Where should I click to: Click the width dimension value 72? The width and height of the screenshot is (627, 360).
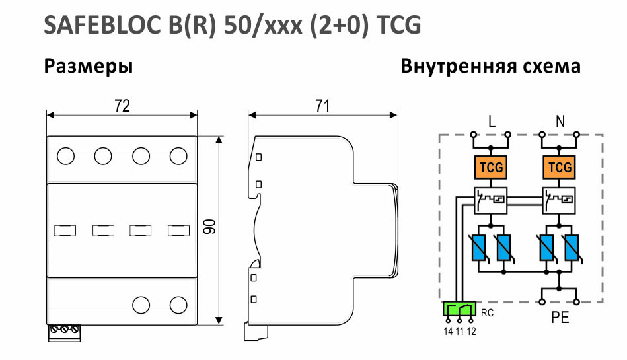(x=122, y=106)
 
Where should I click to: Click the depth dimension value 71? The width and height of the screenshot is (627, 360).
(x=322, y=106)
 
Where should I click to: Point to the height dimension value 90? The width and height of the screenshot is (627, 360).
(x=210, y=227)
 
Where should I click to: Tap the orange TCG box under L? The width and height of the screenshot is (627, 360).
(x=491, y=167)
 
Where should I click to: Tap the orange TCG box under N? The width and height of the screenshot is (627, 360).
(x=560, y=167)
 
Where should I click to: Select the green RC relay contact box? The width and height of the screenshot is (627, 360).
(x=459, y=309)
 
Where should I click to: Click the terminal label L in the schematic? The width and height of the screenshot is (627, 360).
(x=492, y=121)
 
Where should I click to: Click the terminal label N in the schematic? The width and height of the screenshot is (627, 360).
(x=560, y=121)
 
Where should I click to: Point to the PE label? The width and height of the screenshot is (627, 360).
(x=560, y=318)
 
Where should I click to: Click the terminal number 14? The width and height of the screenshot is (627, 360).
(x=448, y=331)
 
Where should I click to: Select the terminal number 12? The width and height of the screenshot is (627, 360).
(x=472, y=331)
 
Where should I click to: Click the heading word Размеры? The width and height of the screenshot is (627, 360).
(x=89, y=67)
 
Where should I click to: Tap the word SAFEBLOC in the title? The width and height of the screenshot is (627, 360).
(x=102, y=25)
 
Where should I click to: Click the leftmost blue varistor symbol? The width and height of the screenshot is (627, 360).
(x=478, y=248)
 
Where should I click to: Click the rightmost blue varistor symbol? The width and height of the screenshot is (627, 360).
(x=572, y=248)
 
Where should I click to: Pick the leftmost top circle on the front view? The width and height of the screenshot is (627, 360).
(x=65, y=156)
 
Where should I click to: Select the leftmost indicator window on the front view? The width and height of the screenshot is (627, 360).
(x=65, y=231)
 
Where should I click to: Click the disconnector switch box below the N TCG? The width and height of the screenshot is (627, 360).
(x=560, y=200)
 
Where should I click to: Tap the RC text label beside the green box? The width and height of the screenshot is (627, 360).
(x=487, y=313)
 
